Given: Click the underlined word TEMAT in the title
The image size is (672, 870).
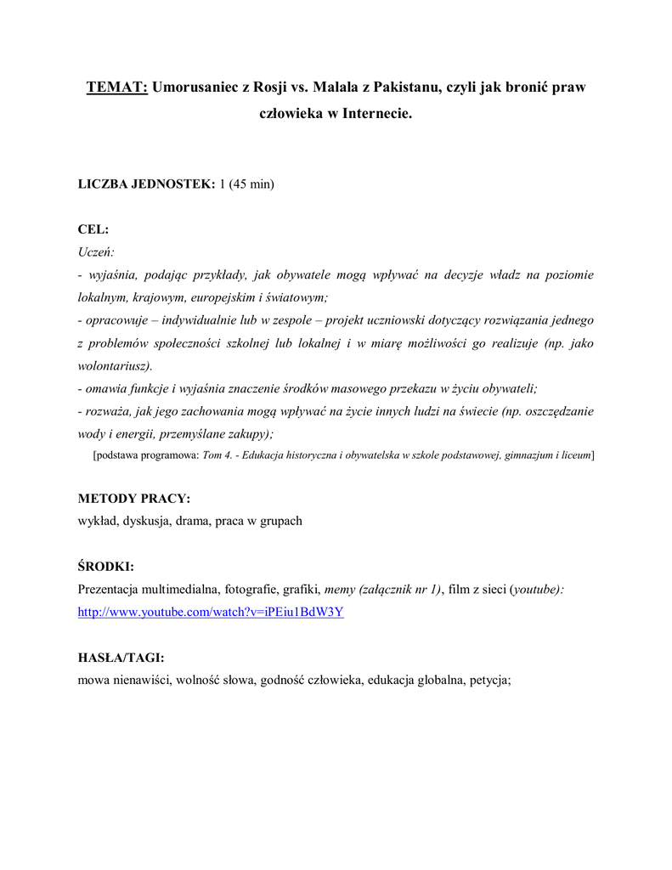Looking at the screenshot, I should click(116, 88).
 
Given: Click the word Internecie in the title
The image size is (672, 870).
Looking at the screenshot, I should click(376, 113).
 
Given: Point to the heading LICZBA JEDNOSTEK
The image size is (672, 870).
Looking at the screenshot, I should click(146, 184).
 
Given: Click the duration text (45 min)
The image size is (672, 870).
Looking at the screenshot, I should click(254, 184).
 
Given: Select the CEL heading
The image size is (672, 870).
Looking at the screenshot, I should click(93, 229).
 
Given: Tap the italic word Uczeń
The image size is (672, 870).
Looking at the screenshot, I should click(96, 251).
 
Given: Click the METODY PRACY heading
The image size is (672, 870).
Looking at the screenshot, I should click(134, 499).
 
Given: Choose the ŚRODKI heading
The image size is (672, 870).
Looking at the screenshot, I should click(106, 567).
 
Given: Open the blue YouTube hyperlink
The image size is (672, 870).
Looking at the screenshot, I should click(210, 612).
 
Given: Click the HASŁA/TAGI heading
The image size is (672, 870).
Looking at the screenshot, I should click(121, 658).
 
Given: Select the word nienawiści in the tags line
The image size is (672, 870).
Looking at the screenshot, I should click(140, 680).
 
